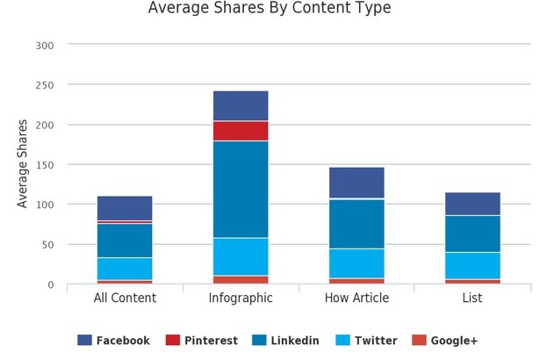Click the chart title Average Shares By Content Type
269,9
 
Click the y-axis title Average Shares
23,163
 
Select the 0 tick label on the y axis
50,285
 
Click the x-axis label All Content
125,299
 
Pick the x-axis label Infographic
241,299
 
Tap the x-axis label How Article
356,299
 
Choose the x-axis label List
472,299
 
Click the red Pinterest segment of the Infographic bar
241,131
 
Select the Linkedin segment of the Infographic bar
241,189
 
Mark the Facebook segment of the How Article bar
356,182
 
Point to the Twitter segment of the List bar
472,266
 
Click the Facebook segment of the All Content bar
125,207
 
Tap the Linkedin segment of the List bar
472,234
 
